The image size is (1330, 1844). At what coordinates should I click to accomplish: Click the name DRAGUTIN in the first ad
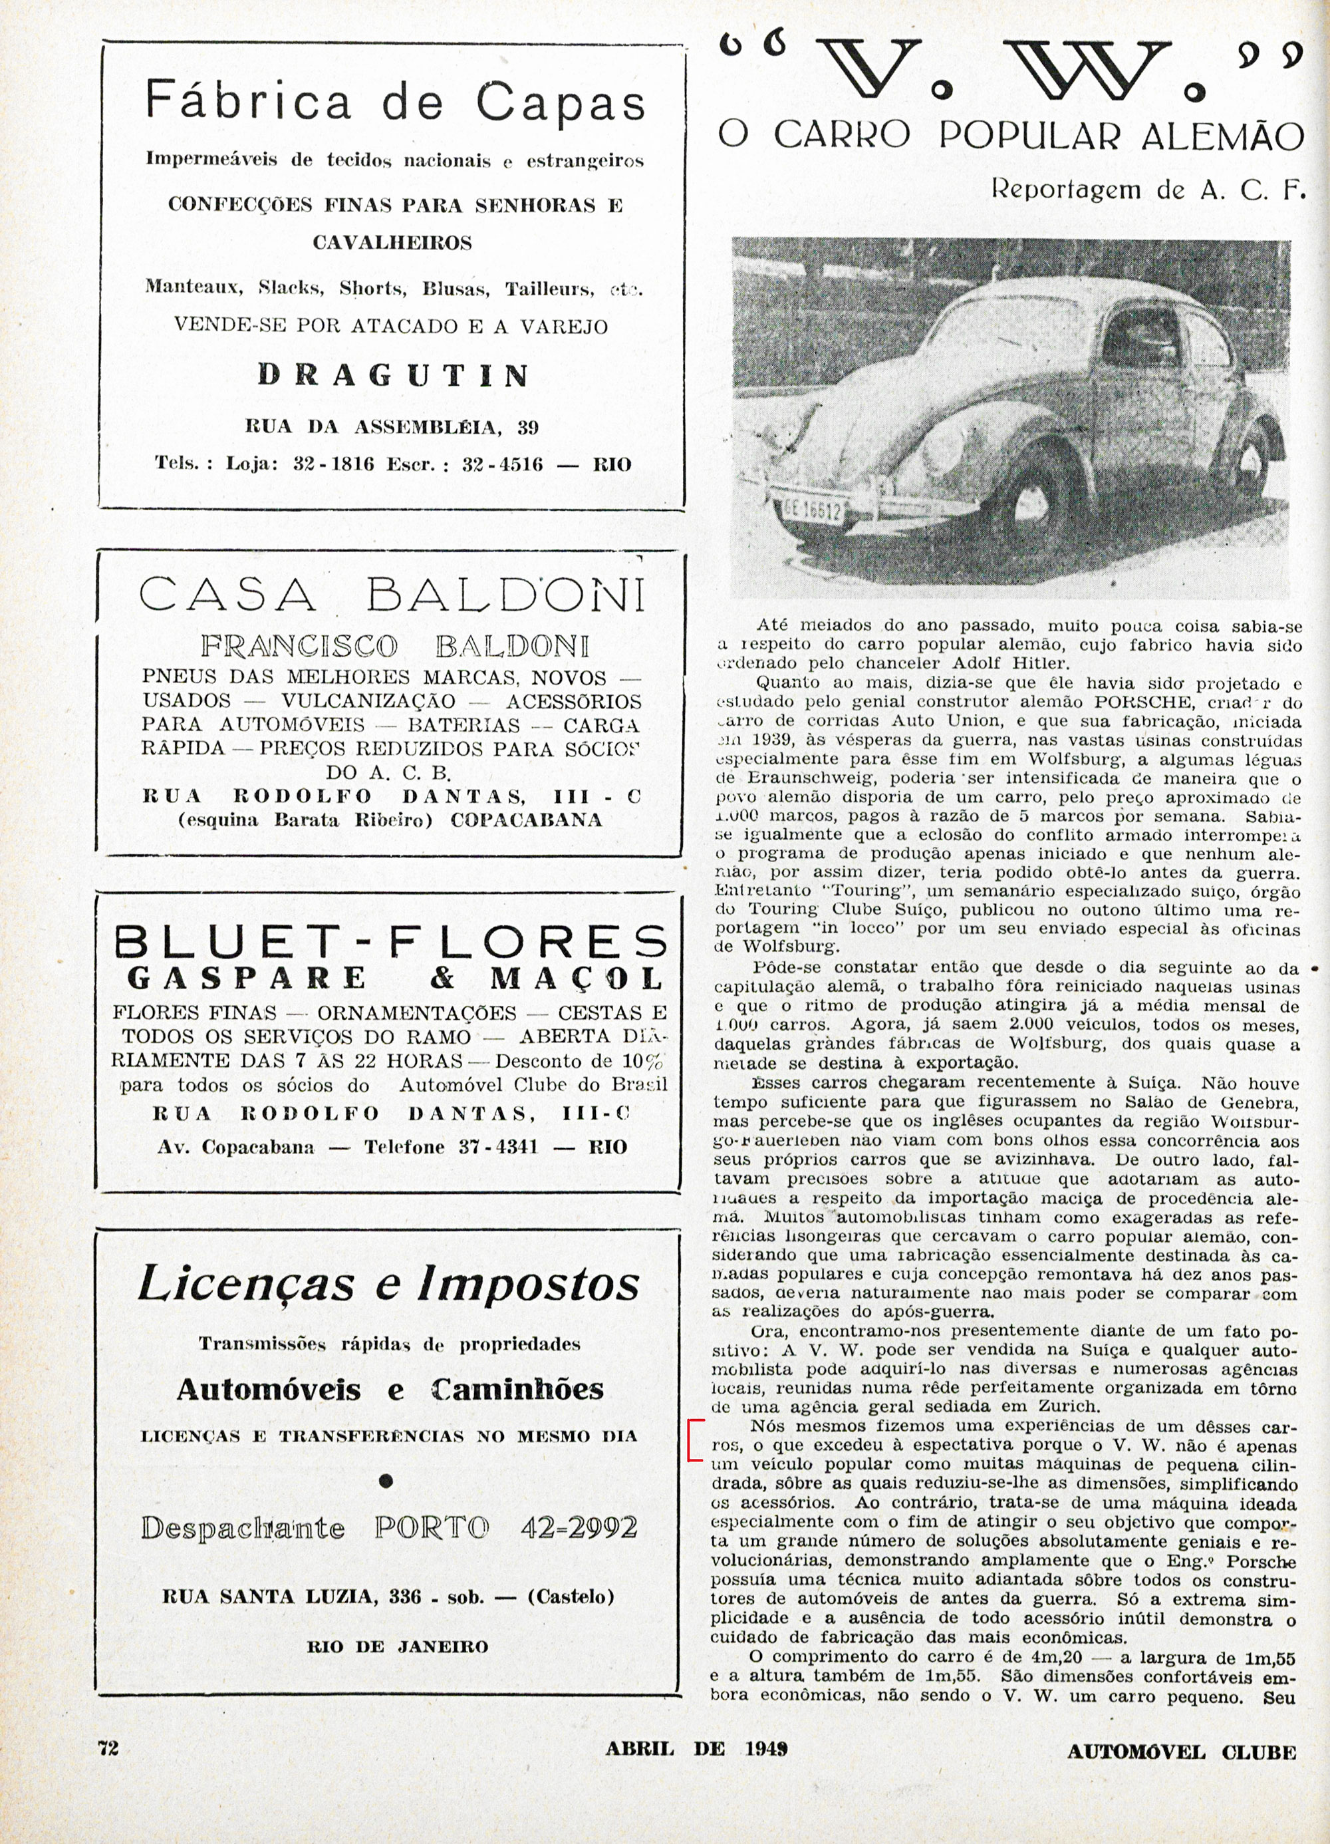(x=394, y=376)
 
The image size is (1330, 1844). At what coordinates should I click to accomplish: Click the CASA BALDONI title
(x=391, y=594)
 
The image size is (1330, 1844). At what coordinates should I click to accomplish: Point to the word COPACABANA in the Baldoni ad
(x=526, y=820)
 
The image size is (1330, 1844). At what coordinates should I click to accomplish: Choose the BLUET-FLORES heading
(x=390, y=943)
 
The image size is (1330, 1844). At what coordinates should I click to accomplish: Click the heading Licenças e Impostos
(x=388, y=1285)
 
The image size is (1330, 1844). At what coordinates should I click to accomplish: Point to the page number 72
(x=108, y=1748)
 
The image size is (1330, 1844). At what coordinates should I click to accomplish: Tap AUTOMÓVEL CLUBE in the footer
(x=1181, y=1749)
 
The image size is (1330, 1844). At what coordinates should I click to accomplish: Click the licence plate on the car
(x=812, y=510)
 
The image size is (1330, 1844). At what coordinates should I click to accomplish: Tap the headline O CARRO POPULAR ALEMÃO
(x=1011, y=136)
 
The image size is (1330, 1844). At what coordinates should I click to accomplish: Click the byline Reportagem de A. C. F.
(x=1147, y=190)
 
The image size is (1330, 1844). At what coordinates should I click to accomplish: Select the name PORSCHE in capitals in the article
(x=1130, y=702)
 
